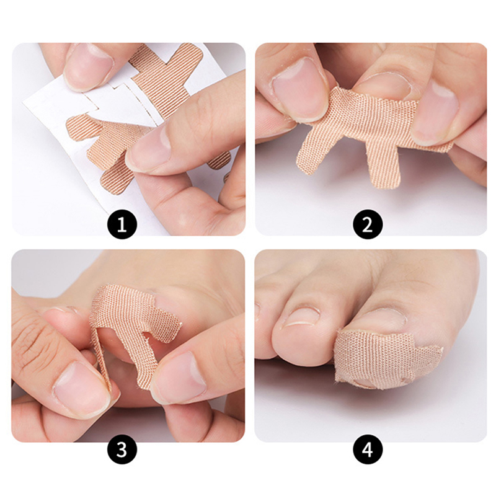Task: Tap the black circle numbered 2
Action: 368,224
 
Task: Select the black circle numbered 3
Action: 122,449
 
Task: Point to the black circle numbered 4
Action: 368,449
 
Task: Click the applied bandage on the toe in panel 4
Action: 379,358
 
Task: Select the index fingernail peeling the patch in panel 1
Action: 149,149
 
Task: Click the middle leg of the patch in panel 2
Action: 381,164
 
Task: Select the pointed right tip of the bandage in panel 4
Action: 441,348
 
